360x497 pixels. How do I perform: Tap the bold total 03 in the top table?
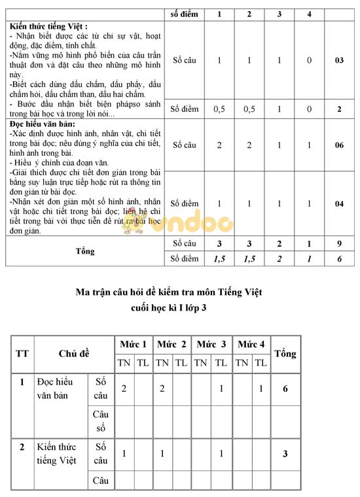[x=339, y=60]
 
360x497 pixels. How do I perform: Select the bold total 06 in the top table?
[x=339, y=145]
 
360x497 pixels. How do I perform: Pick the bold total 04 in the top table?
[x=339, y=204]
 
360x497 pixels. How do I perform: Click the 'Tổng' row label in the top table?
[x=85, y=251]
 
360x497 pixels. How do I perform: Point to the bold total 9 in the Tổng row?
[x=339, y=244]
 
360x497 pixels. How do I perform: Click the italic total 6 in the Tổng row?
[x=339, y=259]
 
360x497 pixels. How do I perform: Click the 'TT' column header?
[x=22, y=354]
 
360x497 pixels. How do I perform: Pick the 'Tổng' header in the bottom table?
[x=285, y=354]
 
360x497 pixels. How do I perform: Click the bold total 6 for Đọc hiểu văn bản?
[x=285, y=388]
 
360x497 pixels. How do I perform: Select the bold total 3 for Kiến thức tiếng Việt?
[x=285, y=454]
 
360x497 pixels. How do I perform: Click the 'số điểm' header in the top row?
[x=184, y=14]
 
